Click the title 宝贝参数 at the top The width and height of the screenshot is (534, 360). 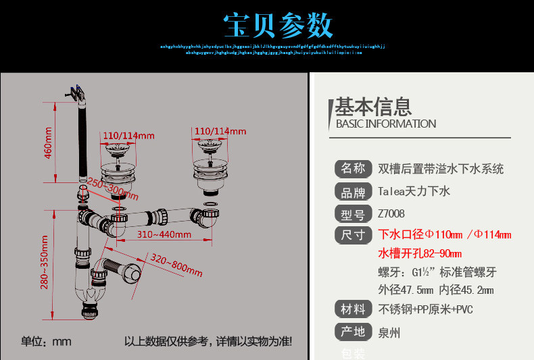click(x=278, y=25)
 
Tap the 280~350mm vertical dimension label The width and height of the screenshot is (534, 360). click(x=45, y=263)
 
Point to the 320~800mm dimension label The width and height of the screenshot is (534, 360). click(x=176, y=266)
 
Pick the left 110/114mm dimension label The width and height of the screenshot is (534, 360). click(x=128, y=135)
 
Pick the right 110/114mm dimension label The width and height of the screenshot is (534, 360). click(x=220, y=130)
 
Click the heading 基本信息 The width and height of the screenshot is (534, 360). click(x=373, y=107)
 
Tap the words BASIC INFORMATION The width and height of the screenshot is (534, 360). click(x=386, y=124)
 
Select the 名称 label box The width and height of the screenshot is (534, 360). click(x=353, y=168)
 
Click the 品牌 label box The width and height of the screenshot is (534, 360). click(x=353, y=192)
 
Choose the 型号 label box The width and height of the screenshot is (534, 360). click(x=353, y=214)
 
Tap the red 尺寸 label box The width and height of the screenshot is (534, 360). click(x=353, y=235)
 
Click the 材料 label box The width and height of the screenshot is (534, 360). click(x=353, y=309)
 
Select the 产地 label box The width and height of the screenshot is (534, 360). click(x=353, y=332)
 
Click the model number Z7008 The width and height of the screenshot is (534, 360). click(x=391, y=214)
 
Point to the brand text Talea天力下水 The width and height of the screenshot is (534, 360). click(x=414, y=192)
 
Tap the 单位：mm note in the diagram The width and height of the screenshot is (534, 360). click(x=46, y=341)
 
